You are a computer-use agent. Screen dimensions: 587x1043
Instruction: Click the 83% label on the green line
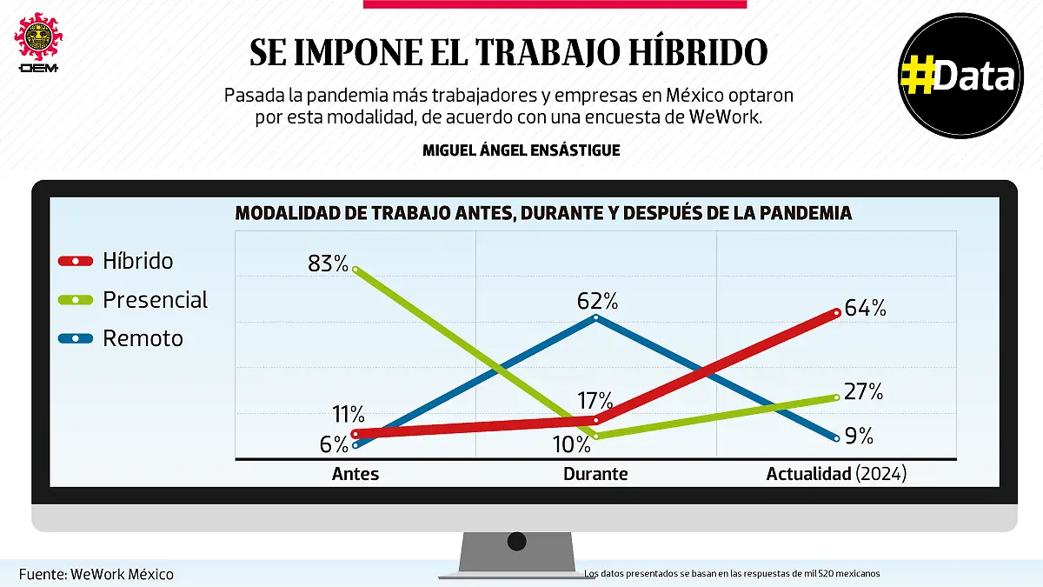click(328, 263)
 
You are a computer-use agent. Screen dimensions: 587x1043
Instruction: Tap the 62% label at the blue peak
click(597, 302)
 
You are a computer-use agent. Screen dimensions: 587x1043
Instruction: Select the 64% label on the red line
click(865, 308)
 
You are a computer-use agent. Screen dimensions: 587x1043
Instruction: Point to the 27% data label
click(863, 392)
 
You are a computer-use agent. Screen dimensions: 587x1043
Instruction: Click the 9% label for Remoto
click(859, 436)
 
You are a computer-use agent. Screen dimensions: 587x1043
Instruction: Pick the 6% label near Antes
click(334, 444)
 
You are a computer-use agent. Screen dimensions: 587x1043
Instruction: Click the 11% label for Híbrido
click(347, 414)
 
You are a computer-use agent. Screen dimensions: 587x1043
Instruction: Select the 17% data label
click(595, 401)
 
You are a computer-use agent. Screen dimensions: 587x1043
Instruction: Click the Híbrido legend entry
click(137, 261)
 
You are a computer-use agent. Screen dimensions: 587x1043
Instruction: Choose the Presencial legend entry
click(155, 300)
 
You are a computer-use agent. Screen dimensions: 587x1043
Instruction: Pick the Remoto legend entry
click(143, 338)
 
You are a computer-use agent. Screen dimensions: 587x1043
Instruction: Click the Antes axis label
click(355, 474)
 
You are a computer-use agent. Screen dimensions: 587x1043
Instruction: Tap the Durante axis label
click(595, 474)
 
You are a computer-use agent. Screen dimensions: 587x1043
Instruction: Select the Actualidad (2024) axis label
click(836, 474)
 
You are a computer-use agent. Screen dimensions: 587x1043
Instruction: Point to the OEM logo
click(37, 43)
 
